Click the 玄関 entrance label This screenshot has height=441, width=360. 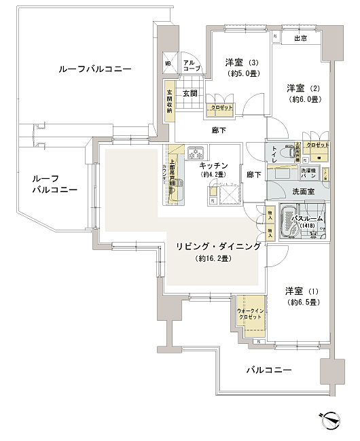click(190, 93)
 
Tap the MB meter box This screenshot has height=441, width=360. click(168, 65)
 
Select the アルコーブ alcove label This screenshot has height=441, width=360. click(191, 66)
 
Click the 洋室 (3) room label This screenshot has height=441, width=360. click(242, 63)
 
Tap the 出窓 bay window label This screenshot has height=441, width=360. click(300, 39)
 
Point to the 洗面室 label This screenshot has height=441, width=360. click(302, 192)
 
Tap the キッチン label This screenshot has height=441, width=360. click(213, 165)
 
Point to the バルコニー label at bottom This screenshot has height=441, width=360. click(269, 370)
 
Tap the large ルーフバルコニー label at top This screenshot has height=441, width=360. click(94, 69)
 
